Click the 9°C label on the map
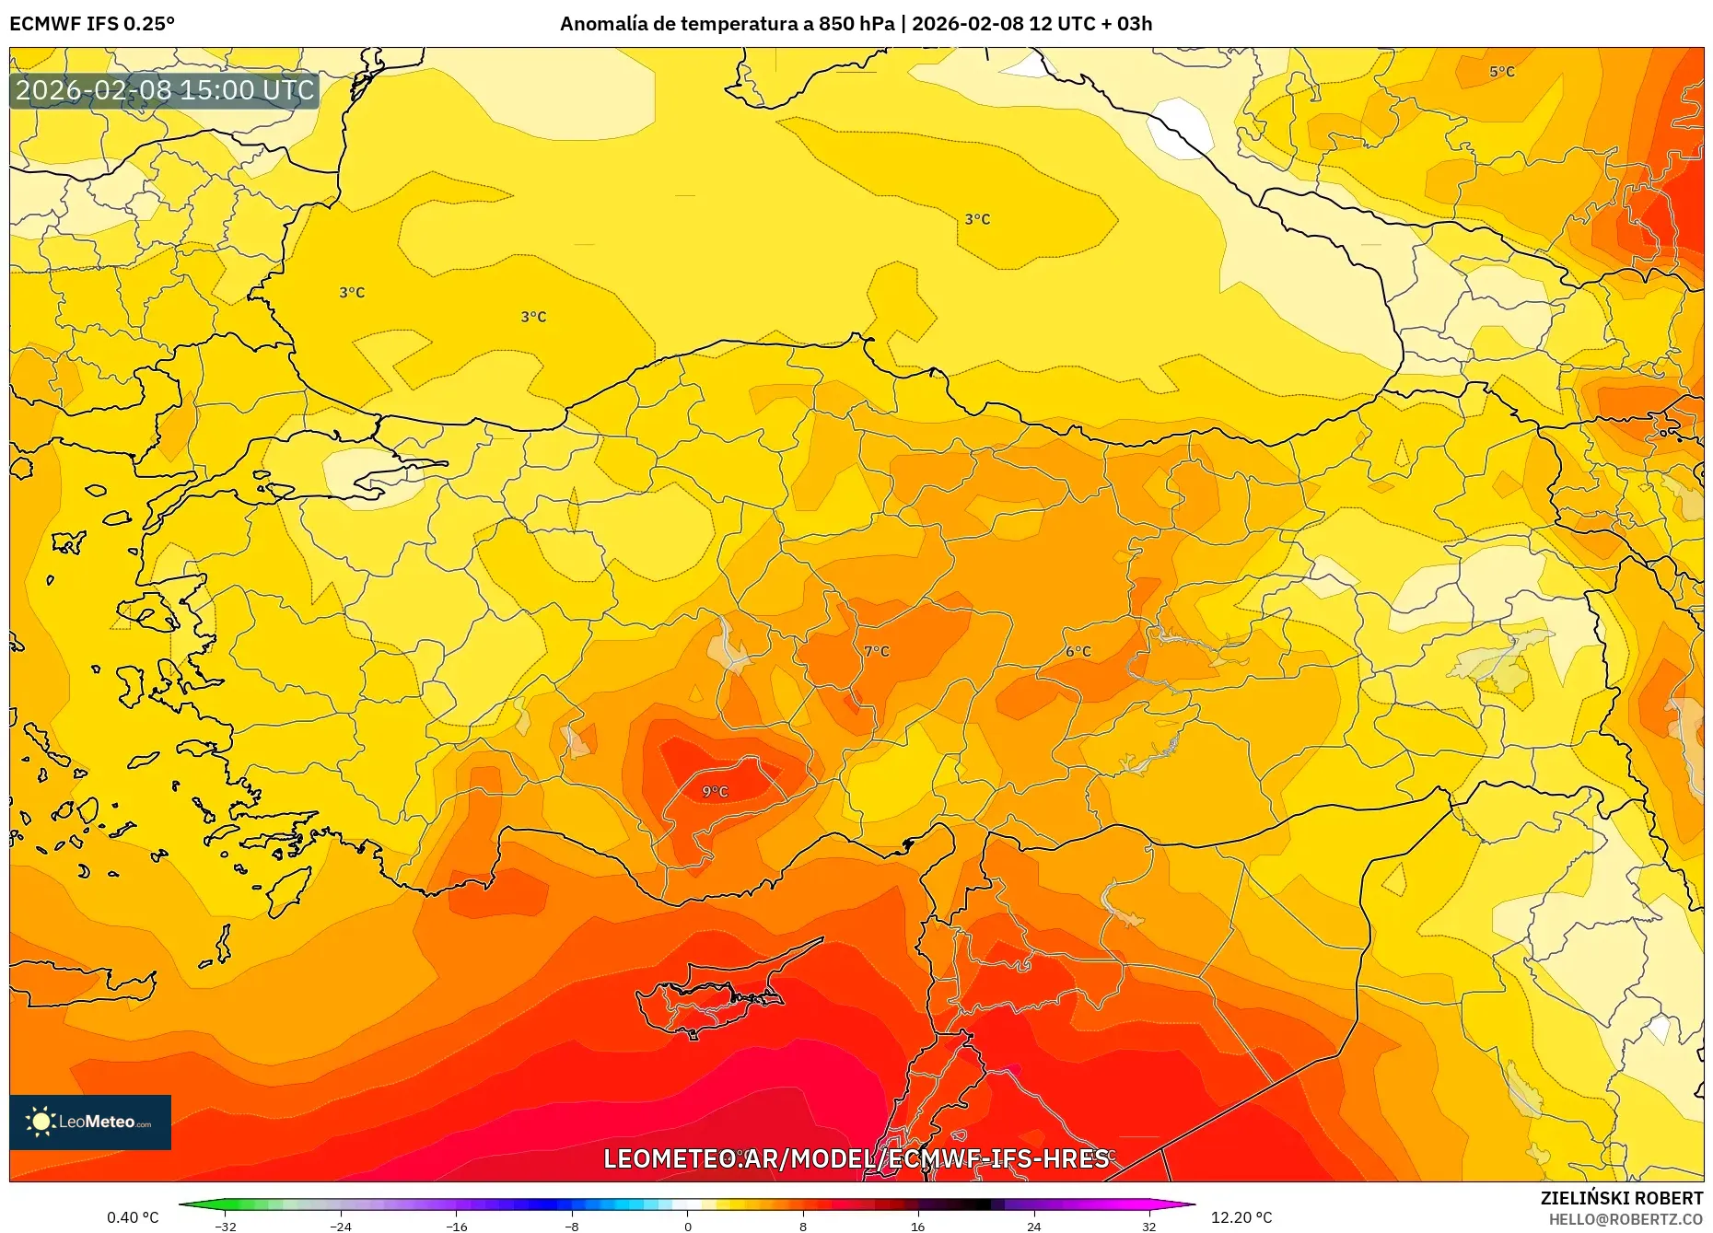pos(715,792)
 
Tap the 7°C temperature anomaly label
pos(877,652)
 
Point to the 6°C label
pos(1078,652)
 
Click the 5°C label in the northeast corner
pos(1502,72)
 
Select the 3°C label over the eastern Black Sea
pos(977,219)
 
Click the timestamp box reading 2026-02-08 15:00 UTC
pos(165,90)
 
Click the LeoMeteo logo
pos(90,1122)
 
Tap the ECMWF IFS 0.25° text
pos(92,24)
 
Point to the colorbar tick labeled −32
pos(226,1226)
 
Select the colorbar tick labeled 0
pos(687,1226)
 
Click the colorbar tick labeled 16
pos(918,1226)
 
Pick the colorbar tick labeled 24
pos(1033,1226)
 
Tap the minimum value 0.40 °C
pos(133,1217)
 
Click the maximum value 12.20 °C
pos(1241,1217)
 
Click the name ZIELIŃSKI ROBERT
pos(1621,1198)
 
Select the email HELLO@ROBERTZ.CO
pos(1626,1219)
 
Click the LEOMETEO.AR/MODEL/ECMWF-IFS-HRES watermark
pos(856,1158)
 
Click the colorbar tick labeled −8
pos(572,1226)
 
